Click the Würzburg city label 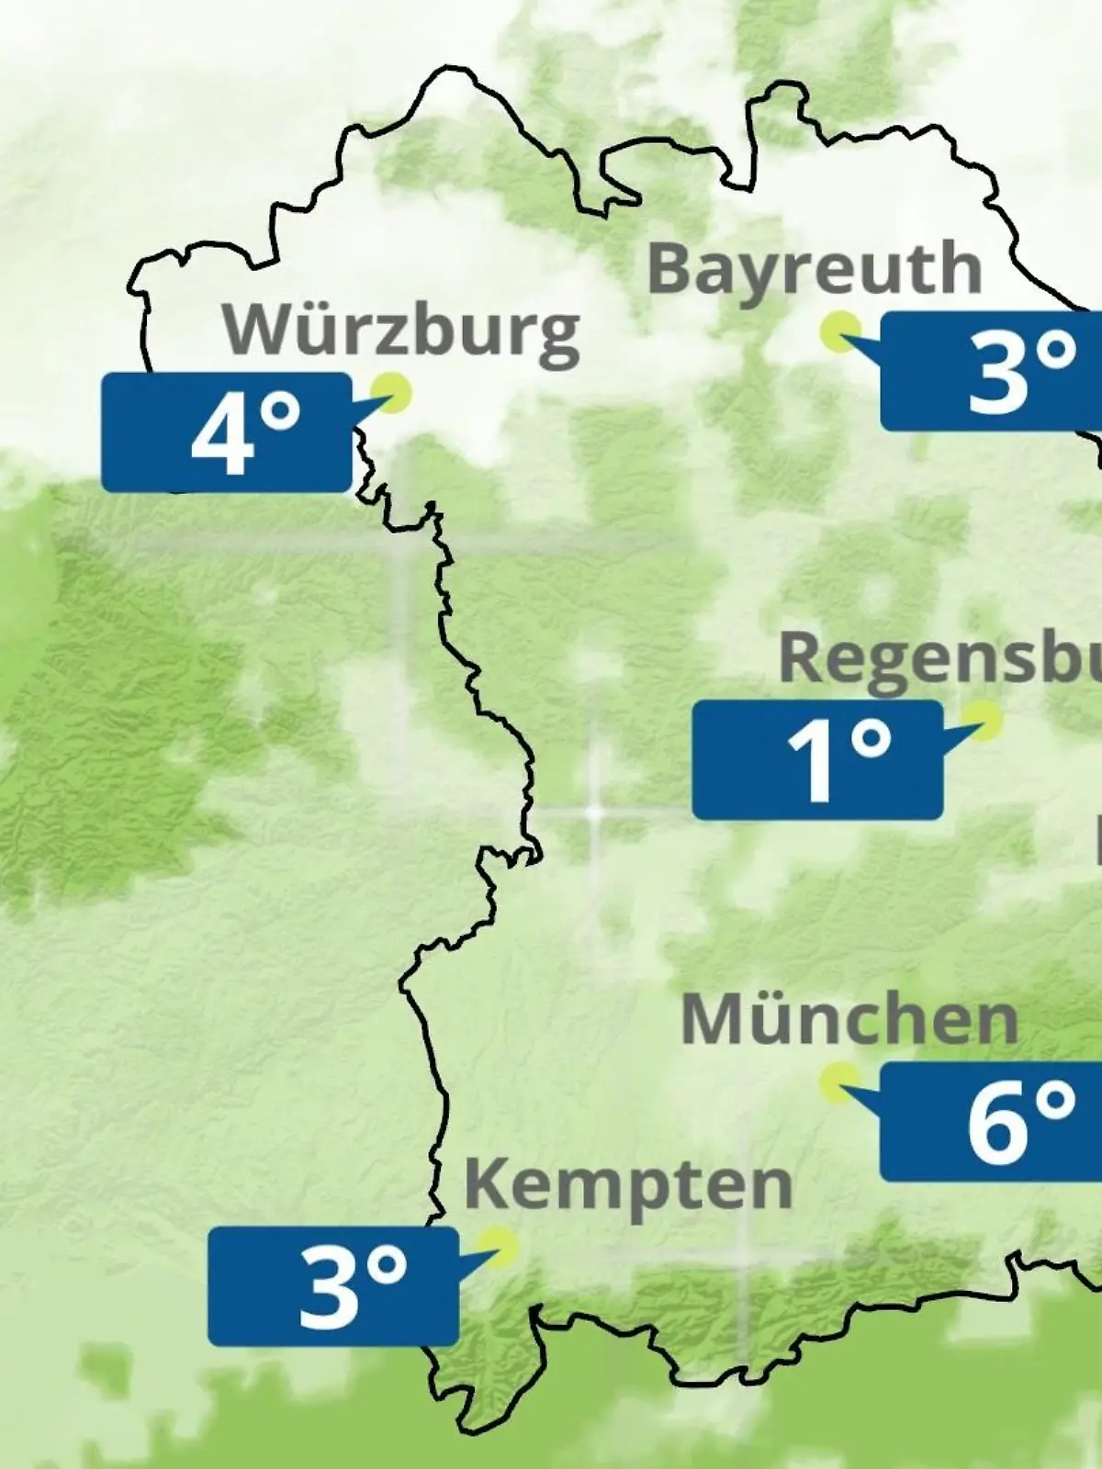point(401,331)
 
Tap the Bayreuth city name point(815,268)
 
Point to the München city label point(849,1019)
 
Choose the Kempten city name point(628,1184)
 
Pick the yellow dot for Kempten point(500,1246)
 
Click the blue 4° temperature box point(226,432)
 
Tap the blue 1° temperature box point(817,759)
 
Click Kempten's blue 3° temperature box point(332,1286)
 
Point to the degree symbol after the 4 point(281,415)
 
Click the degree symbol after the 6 point(1056,1102)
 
